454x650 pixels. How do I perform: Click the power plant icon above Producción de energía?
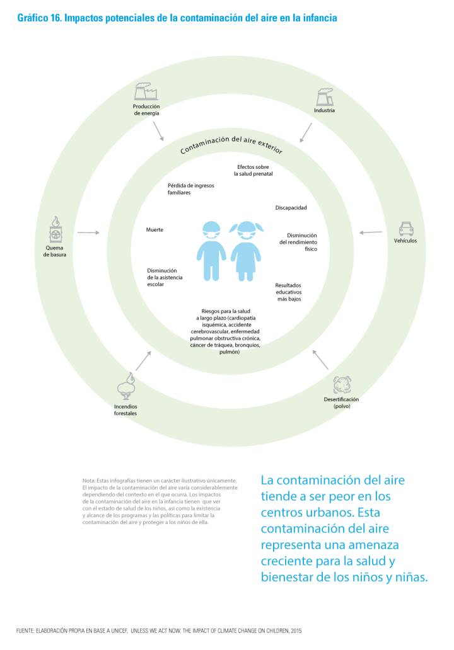146,92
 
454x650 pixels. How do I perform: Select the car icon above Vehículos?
405,228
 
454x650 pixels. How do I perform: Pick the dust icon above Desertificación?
342,384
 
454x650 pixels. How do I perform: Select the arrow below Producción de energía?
158,131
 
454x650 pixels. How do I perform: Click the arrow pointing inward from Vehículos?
371,232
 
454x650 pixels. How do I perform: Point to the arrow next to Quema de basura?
88,233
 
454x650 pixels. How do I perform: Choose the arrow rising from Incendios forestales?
143,361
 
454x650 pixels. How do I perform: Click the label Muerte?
154,230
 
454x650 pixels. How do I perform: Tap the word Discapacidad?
291,207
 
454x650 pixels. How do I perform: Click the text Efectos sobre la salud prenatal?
253,170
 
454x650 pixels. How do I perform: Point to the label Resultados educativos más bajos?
289,292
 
